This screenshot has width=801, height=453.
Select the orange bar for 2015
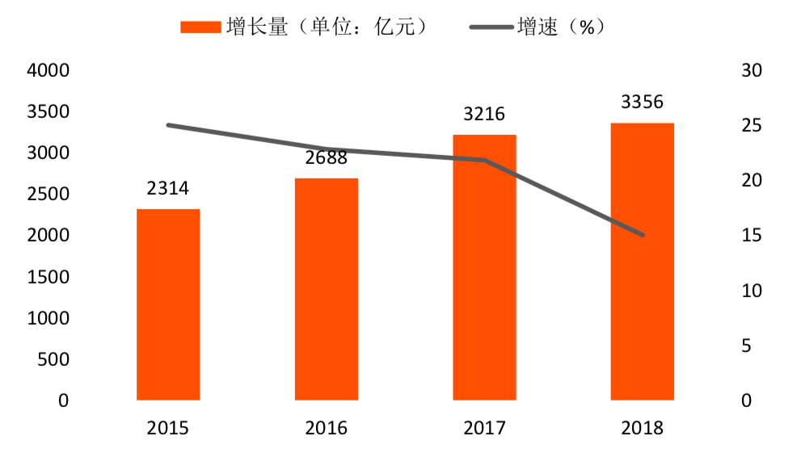(x=168, y=304)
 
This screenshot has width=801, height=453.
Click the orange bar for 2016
(x=327, y=289)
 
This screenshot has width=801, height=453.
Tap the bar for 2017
(x=484, y=267)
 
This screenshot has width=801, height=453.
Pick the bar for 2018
(x=643, y=262)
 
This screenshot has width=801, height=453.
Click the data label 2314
(x=168, y=189)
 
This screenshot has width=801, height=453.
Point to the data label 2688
(x=327, y=157)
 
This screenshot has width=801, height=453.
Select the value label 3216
(x=484, y=115)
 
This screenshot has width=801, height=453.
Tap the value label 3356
(x=643, y=103)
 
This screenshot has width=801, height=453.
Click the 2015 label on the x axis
(x=168, y=427)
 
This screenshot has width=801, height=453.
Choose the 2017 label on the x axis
(x=484, y=427)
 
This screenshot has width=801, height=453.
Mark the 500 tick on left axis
(x=53, y=359)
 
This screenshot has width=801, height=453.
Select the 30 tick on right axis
(x=751, y=71)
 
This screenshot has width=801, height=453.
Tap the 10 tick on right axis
(x=751, y=291)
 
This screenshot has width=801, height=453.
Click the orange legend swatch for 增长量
(x=200, y=27)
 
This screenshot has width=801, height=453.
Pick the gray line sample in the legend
(x=491, y=27)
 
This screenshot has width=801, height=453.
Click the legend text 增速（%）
(x=561, y=27)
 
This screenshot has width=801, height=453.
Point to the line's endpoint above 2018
(x=643, y=235)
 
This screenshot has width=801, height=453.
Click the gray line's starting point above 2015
(x=168, y=125)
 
